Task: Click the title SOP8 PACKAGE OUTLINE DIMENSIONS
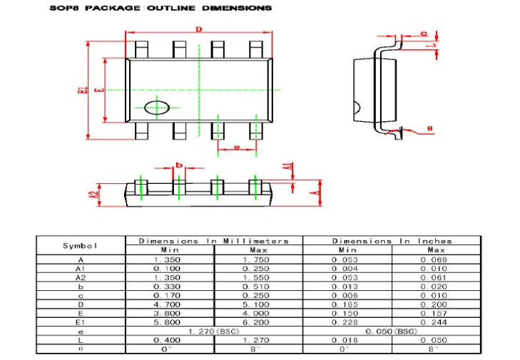point(160,8)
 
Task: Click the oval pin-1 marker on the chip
point(156,108)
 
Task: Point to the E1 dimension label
point(82,91)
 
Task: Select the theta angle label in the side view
point(429,128)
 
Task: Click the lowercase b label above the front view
point(179,165)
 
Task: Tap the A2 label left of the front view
point(93,194)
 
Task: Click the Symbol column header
point(80,245)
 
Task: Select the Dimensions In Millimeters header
point(213,241)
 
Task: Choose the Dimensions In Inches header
point(392,241)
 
